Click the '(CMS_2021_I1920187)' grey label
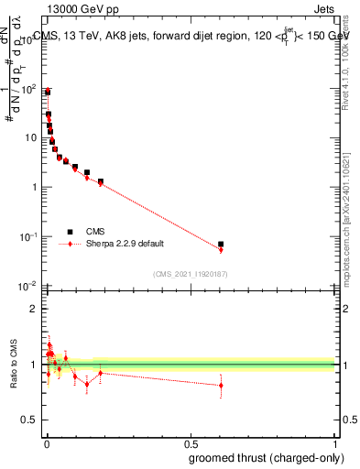pyautogui.click(x=190, y=273)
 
